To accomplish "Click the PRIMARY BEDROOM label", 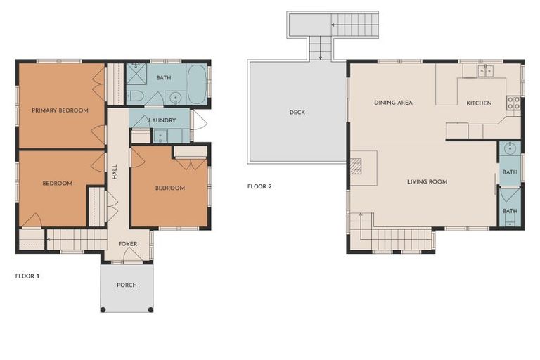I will pos(60,110).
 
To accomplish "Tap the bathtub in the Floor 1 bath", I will pos(197,84).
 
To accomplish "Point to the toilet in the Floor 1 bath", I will pos(136,96).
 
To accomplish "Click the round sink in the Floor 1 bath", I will pos(174,97).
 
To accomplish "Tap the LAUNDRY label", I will pos(162,120).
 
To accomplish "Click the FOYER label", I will pos(127,244).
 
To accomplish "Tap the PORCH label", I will pos(127,285).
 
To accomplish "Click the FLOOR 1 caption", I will pos(27,276).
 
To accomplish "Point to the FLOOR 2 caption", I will pos(259,186).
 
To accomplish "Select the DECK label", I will pos(297,112).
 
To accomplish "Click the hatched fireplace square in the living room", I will pos(356,166).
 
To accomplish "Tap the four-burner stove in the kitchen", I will pos(513,105).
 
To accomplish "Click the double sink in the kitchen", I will pos(484,71).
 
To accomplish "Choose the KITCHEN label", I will pos(479,103).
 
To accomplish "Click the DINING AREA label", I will pos(393,103).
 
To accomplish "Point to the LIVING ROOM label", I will pos(427,181).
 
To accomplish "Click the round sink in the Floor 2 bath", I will pos(510,149).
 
